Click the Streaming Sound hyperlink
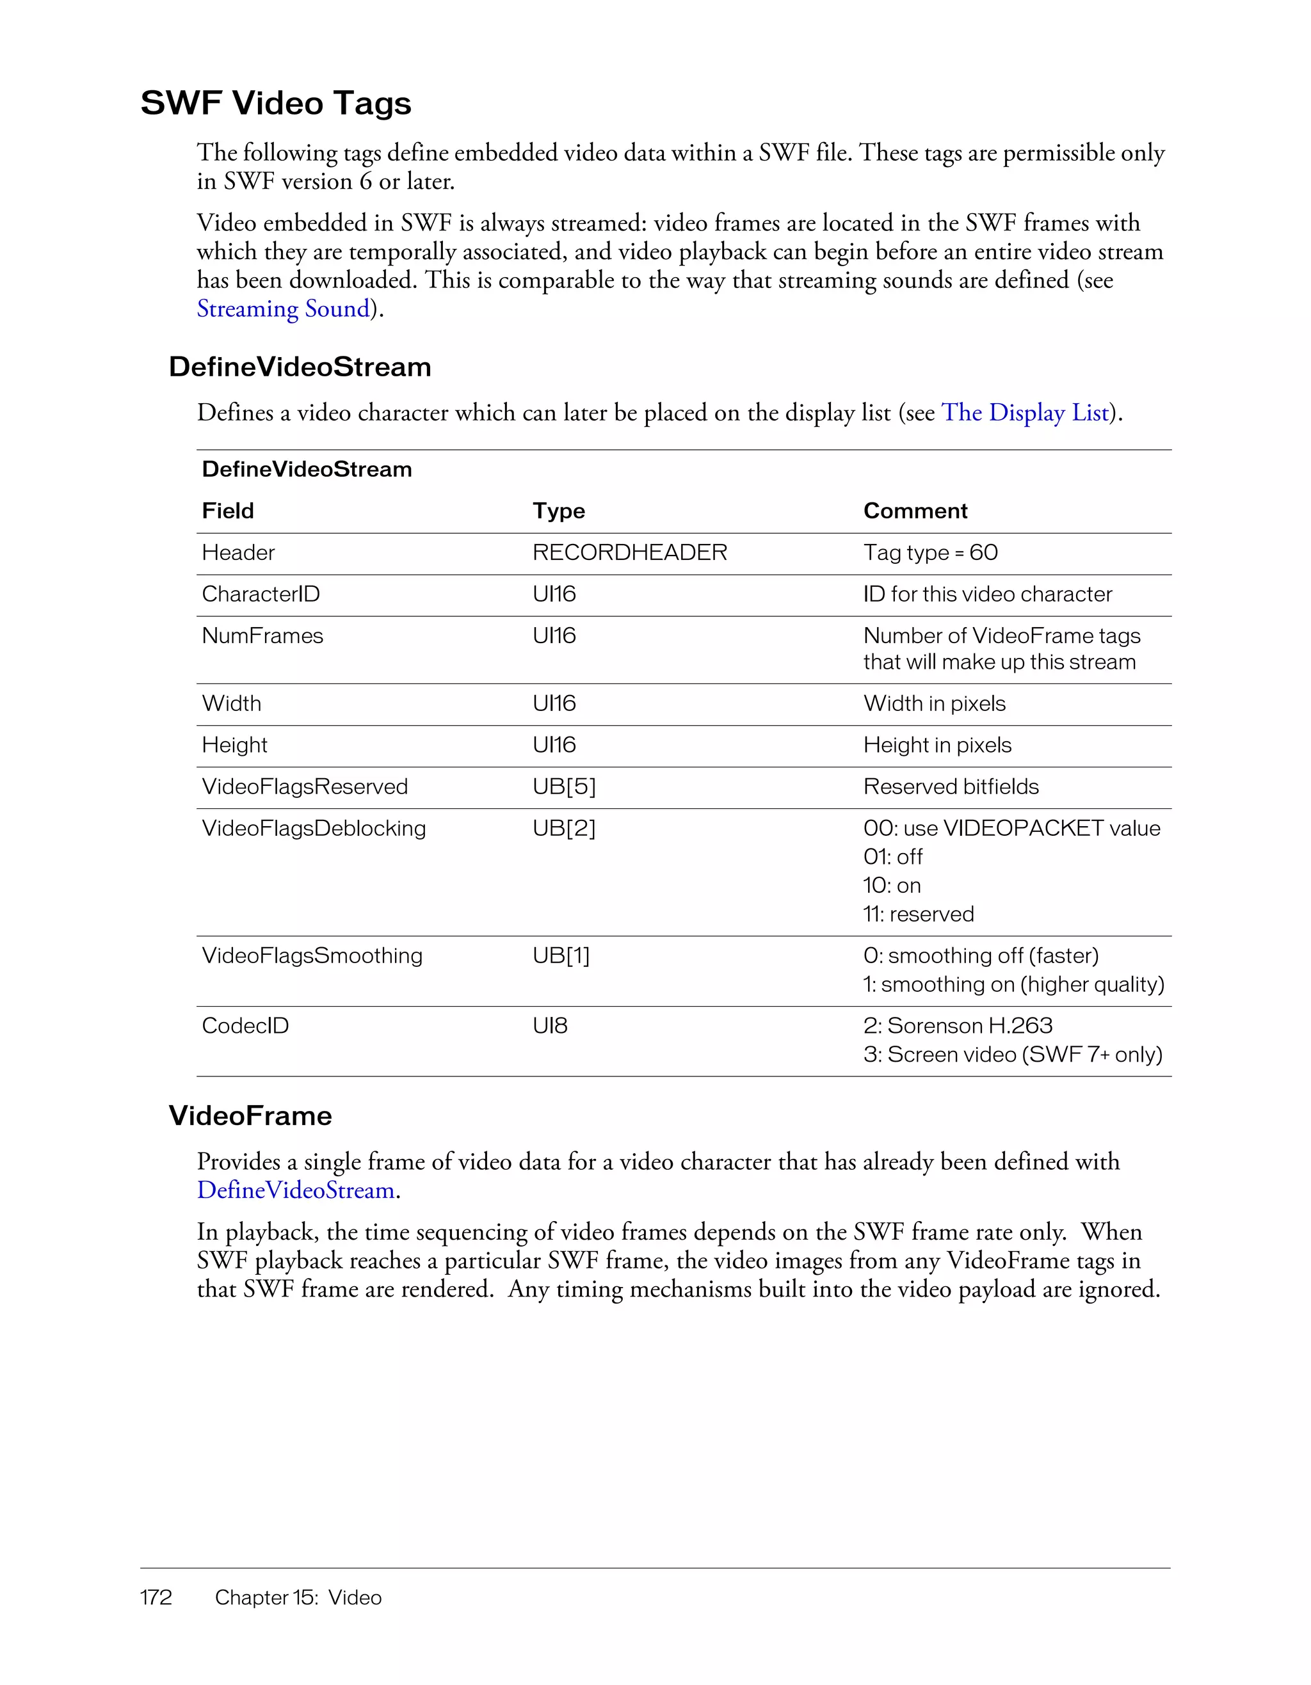pos(283,308)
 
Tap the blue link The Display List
pos(1025,413)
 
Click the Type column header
pos(558,511)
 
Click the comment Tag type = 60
pos(930,552)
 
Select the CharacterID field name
pos(260,594)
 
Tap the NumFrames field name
pos(262,635)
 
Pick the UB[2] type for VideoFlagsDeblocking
pos(563,829)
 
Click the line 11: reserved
pos(918,914)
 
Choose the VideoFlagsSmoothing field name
pos(312,956)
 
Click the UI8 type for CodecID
pos(549,1026)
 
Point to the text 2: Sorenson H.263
pos(957,1026)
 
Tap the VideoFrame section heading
pos(250,1116)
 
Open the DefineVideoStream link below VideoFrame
pos(296,1190)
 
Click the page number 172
pos(156,1598)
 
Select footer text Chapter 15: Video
pos(298,1598)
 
